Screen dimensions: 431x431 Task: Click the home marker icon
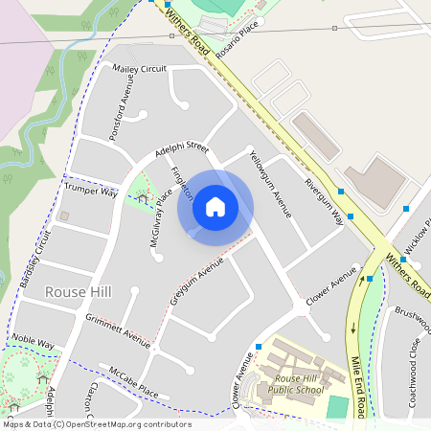(x=215, y=207)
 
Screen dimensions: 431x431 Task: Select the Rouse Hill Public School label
(x=295, y=383)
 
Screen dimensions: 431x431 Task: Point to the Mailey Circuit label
(x=140, y=69)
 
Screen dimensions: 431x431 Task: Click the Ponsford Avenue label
(x=119, y=114)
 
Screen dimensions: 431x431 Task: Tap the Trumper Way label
(x=91, y=192)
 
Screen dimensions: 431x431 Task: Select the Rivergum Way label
(x=324, y=200)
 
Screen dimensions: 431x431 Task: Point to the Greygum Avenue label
(x=196, y=281)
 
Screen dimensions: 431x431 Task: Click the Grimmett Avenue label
(x=118, y=329)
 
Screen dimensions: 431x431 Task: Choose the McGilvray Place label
(x=161, y=217)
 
